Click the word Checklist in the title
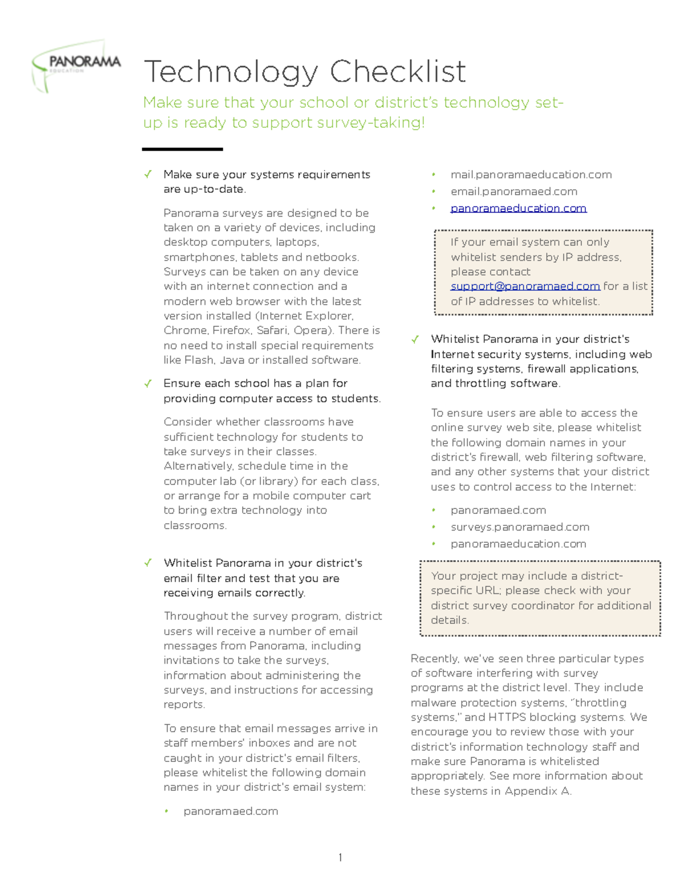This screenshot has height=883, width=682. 397,72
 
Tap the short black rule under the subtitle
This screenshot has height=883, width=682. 182,150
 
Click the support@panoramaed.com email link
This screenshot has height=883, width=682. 525,287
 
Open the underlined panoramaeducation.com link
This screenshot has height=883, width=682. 518,209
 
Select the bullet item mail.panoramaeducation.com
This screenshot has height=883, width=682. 531,175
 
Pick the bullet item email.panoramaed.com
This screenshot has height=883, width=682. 513,192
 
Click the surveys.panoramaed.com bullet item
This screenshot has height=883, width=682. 519,527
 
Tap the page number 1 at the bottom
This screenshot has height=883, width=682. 340,857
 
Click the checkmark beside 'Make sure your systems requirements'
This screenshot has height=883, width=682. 148,175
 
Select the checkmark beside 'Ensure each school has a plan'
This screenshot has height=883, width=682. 148,384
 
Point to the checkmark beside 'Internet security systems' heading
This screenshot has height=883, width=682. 415,339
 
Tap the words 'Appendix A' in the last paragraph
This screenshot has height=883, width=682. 537,791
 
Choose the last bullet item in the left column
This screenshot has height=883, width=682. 230,811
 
